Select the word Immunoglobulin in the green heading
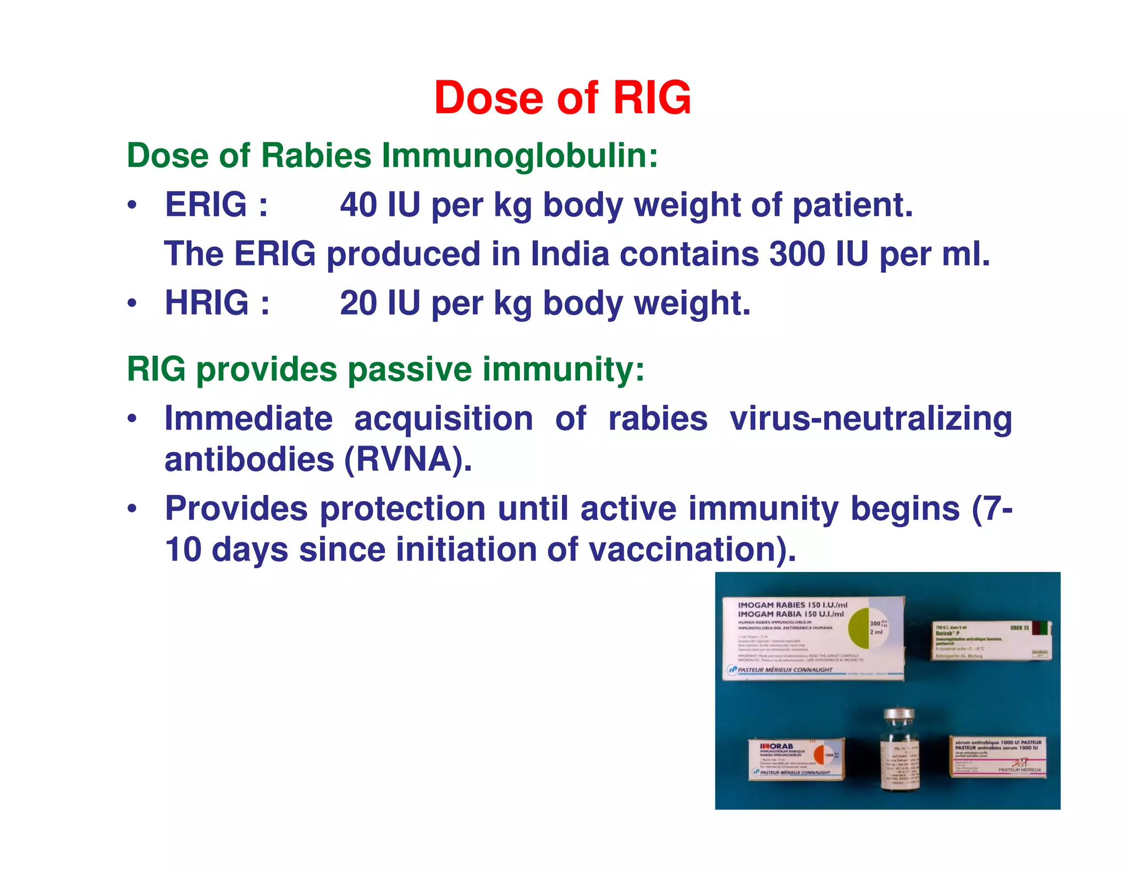coord(520,156)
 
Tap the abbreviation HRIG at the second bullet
coord(207,303)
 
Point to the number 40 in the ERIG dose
coord(358,205)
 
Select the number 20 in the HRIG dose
coord(358,303)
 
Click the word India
coord(570,254)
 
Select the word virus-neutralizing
coord(870,419)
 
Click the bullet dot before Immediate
coord(131,419)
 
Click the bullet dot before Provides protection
coord(131,509)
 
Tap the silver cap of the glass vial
coord(898,715)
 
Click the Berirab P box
coord(990,641)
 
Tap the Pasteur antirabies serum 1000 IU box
coord(997,757)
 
